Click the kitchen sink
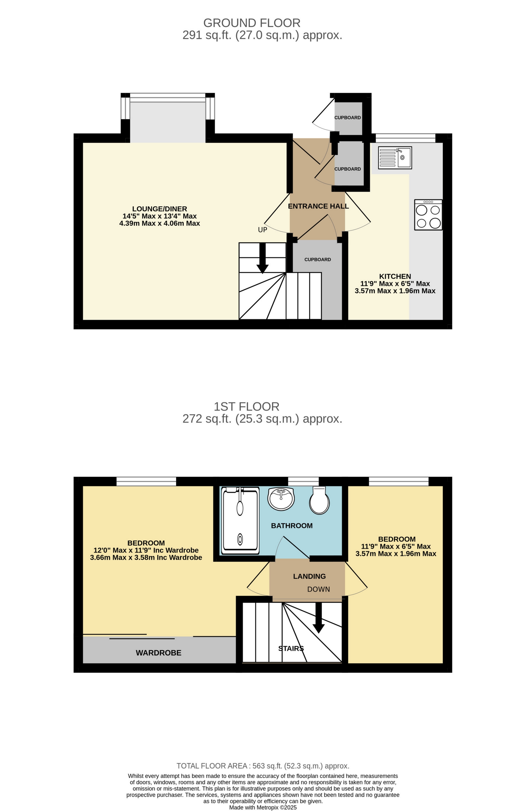[395, 158]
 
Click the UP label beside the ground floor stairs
[262, 230]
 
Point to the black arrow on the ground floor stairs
[262, 258]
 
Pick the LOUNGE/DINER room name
[159, 209]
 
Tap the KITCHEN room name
[395, 276]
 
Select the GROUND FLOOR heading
[252, 23]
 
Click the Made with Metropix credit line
[263, 807]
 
